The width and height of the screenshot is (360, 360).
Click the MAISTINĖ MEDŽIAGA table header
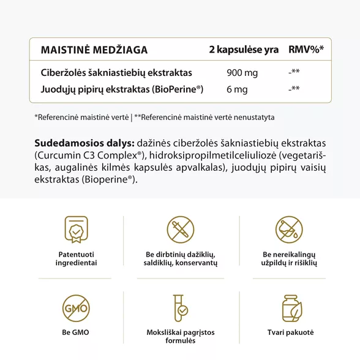94,50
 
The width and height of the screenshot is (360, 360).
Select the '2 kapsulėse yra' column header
244,50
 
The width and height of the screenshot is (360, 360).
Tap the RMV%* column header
306,50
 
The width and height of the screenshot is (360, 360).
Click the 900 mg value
242,73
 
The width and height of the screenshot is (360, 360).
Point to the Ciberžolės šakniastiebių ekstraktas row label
116,73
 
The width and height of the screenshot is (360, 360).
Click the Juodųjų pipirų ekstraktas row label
122,89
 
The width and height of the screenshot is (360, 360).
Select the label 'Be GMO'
76,332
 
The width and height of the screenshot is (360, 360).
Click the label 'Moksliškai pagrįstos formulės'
181,337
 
